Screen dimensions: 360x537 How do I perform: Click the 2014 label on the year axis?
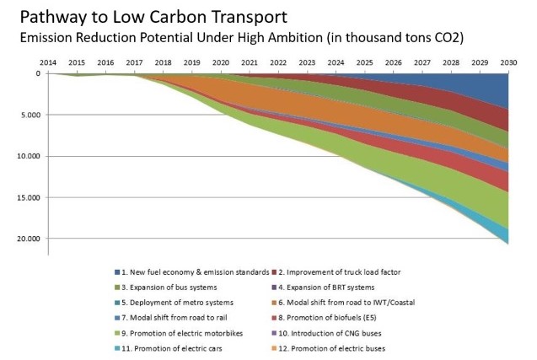48,63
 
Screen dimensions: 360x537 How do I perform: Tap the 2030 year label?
507,63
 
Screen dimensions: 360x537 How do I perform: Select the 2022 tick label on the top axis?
277,63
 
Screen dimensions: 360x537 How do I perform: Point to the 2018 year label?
163,63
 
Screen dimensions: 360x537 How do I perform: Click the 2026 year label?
393,63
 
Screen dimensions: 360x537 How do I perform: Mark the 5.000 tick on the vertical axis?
31,115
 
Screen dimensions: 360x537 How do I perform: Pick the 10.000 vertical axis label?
29,156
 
